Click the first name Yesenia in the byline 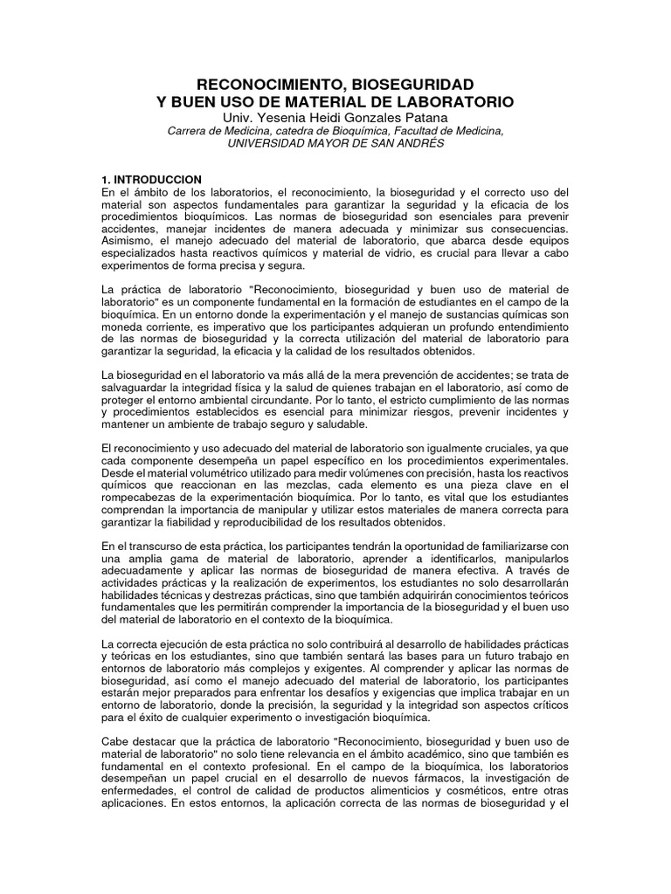click(x=275, y=118)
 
